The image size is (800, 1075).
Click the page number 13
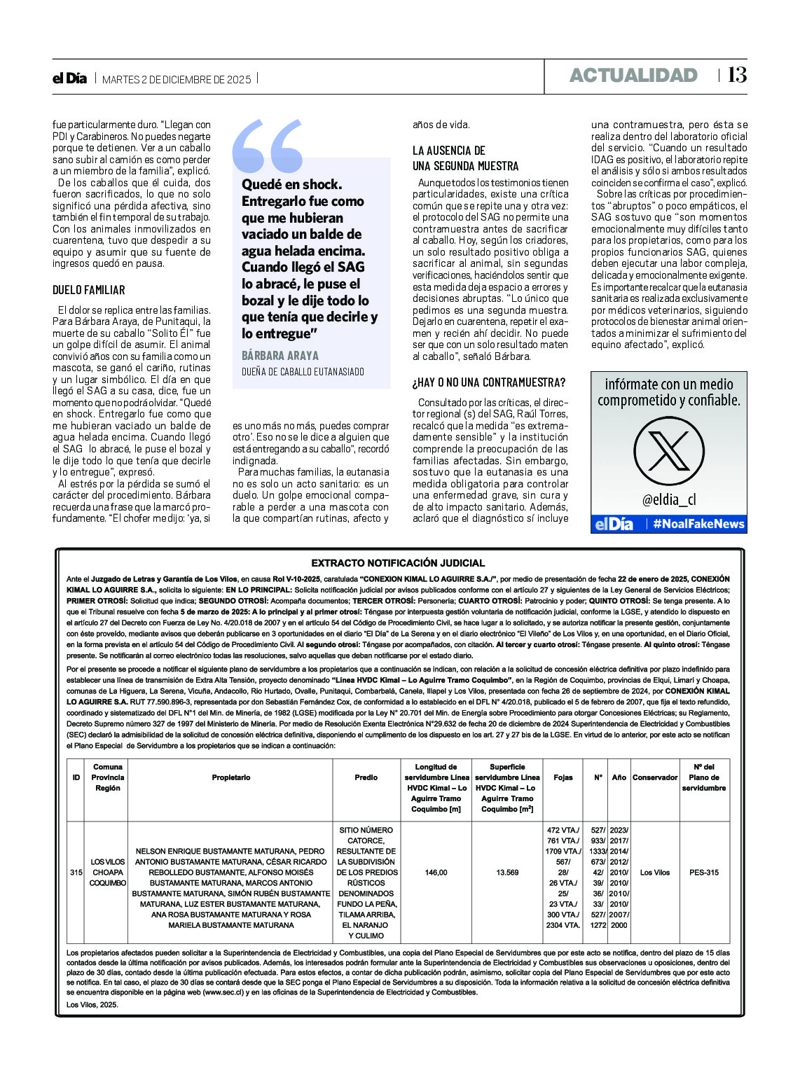click(x=737, y=75)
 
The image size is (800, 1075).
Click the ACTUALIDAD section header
click(x=633, y=76)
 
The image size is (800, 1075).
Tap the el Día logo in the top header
click(x=69, y=78)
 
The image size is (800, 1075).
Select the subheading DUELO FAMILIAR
click(x=88, y=290)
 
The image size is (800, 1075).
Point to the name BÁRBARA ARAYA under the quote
click(x=280, y=356)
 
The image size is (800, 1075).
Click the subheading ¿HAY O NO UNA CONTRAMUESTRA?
click(x=489, y=382)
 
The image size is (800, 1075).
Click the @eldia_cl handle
click(x=669, y=499)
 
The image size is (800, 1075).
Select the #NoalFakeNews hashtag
click(x=698, y=524)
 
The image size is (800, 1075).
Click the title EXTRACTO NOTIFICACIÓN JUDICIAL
click(x=398, y=563)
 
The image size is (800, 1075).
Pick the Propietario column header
click(x=230, y=777)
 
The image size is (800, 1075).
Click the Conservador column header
click(x=655, y=777)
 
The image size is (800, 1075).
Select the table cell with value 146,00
click(x=436, y=873)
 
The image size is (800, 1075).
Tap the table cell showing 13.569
click(x=507, y=873)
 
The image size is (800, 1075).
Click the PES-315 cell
click(x=703, y=873)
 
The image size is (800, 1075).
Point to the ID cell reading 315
click(x=76, y=873)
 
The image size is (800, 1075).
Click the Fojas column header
click(x=563, y=777)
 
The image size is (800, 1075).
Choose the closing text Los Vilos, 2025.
click(x=92, y=1004)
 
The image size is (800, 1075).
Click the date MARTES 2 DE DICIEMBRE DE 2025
click(x=177, y=80)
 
